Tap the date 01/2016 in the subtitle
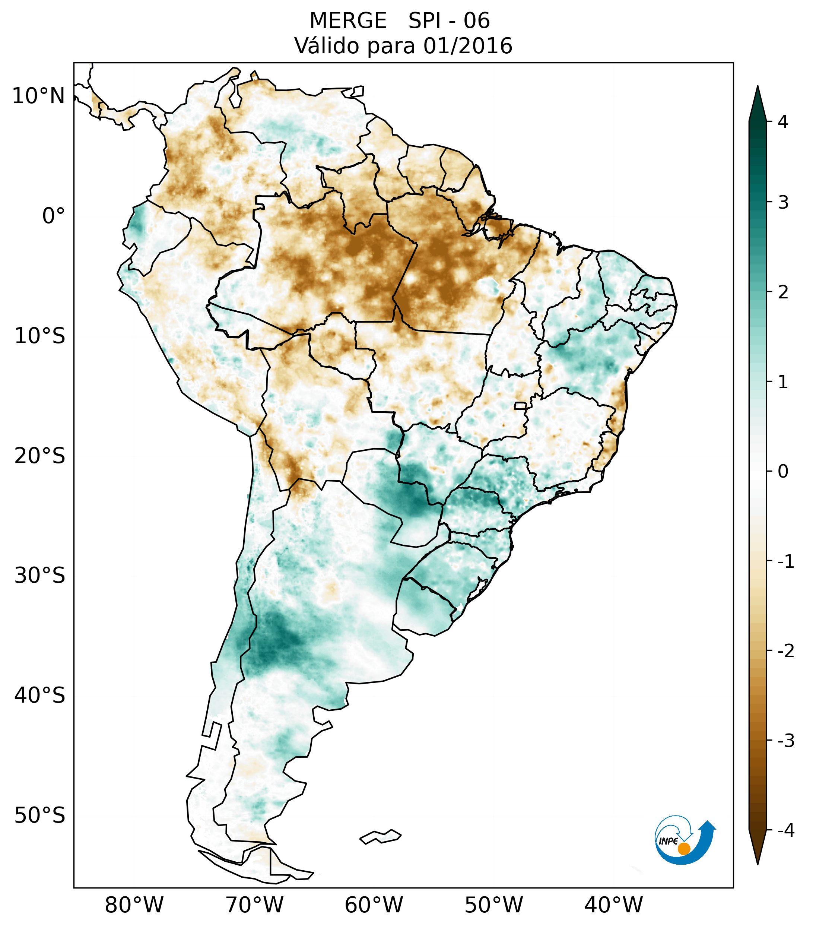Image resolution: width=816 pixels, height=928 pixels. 467,46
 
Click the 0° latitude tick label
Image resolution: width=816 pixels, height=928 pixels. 53,216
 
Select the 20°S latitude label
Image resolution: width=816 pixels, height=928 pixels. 40,456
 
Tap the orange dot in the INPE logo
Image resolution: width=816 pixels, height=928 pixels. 683,849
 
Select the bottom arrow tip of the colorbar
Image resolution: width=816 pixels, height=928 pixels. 757,863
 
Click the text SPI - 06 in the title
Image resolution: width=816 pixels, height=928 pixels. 449,21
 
